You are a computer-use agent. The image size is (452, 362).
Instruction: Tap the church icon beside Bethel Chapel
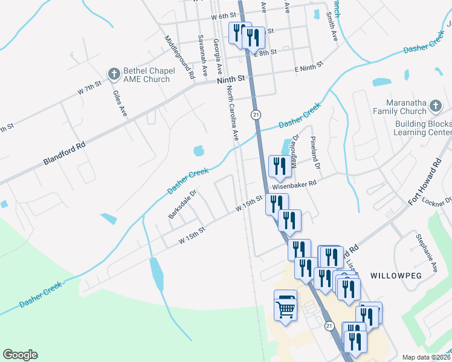click(x=113, y=74)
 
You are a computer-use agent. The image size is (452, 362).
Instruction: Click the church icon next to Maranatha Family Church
click(x=435, y=107)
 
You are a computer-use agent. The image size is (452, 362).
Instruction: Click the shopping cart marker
click(x=286, y=306)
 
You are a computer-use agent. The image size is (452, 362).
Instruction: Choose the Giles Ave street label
click(x=120, y=103)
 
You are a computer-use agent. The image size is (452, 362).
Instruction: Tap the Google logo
click(x=20, y=355)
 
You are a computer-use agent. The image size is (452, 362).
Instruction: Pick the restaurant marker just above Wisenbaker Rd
click(x=280, y=167)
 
